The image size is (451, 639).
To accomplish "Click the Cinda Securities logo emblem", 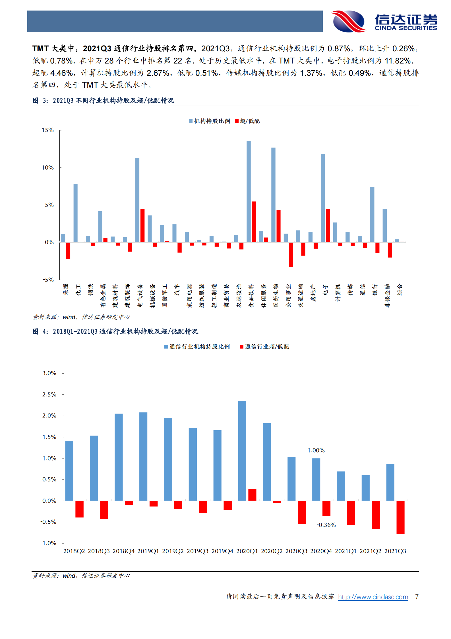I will (x=349, y=21).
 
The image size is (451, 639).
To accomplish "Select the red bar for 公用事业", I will (x=291, y=255).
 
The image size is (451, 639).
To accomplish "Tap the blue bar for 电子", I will (x=323, y=198).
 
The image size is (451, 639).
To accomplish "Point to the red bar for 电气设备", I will (x=142, y=226).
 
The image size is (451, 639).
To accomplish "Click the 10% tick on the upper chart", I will (x=48, y=168).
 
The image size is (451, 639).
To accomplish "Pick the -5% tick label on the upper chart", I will (x=48, y=280).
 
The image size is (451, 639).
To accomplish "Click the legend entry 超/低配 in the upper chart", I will (x=247, y=121).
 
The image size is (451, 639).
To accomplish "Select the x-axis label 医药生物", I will (x=276, y=296).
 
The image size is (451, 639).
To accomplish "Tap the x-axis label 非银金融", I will (x=387, y=296).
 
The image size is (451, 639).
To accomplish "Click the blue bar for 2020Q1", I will (x=242, y=451).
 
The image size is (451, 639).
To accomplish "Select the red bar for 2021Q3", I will (x=400, y=517).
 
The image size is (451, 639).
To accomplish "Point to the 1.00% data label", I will (x=316, y=450).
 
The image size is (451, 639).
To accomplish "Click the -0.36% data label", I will (x=326, y=525).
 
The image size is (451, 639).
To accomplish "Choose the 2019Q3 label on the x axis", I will (x=197, y=551).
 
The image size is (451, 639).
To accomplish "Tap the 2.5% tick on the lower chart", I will (x=49, y=395).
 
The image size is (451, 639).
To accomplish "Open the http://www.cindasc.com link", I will (x=373, y=597).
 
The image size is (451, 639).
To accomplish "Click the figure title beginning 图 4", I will (x=115, y=331).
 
